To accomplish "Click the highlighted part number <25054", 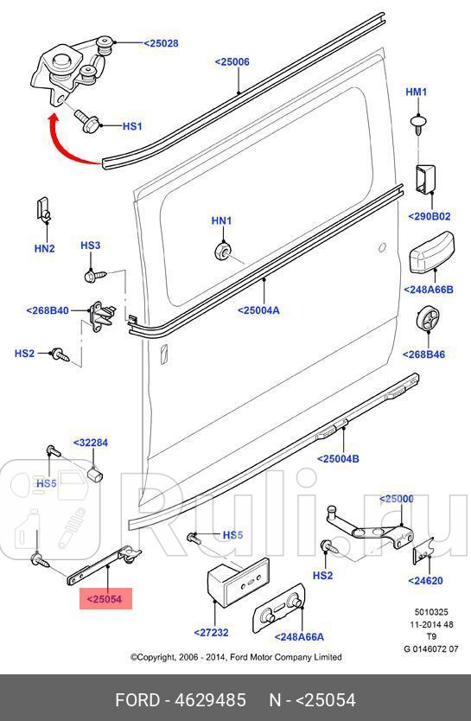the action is pos(105,599).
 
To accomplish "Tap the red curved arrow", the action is pos(64,148).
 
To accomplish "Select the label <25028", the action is pos(161,43).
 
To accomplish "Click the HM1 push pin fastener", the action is pos(417,124).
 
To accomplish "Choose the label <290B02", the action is pos(430,216).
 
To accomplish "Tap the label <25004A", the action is pos(258,310).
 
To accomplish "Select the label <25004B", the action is pos(338,458).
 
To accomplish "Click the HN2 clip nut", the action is pos(44,210).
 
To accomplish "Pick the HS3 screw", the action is pos(95,276).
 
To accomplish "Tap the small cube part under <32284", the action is pos(95,474).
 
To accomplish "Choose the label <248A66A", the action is pos(299,637).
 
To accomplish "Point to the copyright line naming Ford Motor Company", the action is pos(236,657).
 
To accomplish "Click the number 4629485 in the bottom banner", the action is pos(210,700).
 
